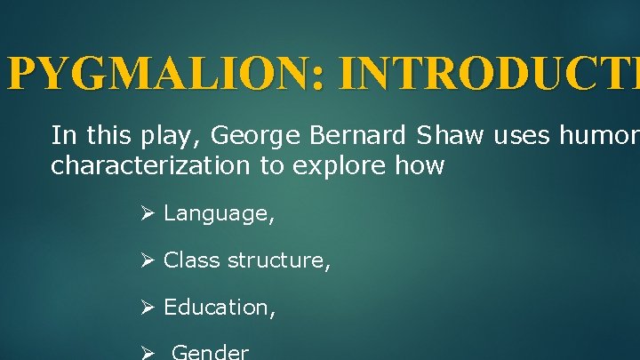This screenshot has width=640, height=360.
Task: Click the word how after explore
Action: (x=421, y=166)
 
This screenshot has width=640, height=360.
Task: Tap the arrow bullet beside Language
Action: (x=148, y=213)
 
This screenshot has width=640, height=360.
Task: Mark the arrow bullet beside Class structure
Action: (x=148, y=260)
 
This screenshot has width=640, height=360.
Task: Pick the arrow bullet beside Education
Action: (x=148, y=308)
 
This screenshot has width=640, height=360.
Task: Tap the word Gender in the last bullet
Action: (x=210, y=352)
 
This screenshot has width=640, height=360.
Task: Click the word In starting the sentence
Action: (x=63, y=136)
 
